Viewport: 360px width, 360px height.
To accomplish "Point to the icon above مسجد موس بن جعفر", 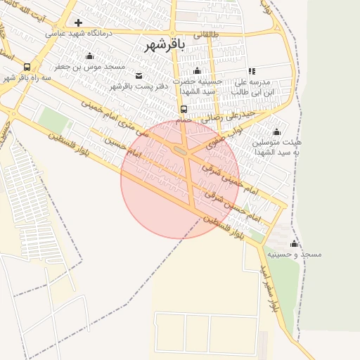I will (89, 56).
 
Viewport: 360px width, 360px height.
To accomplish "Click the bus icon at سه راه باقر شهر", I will (27, 67).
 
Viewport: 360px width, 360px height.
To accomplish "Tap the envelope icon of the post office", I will (139, 76).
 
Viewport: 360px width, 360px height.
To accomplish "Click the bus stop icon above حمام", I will (184, 109).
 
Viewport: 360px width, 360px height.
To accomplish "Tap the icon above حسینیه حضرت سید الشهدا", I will (197, 71).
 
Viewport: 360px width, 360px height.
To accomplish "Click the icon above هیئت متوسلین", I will (276, 131).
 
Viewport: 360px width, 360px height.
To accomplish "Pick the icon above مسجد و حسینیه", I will (294, 243).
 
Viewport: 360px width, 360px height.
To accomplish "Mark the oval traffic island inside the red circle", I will (180, 150).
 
